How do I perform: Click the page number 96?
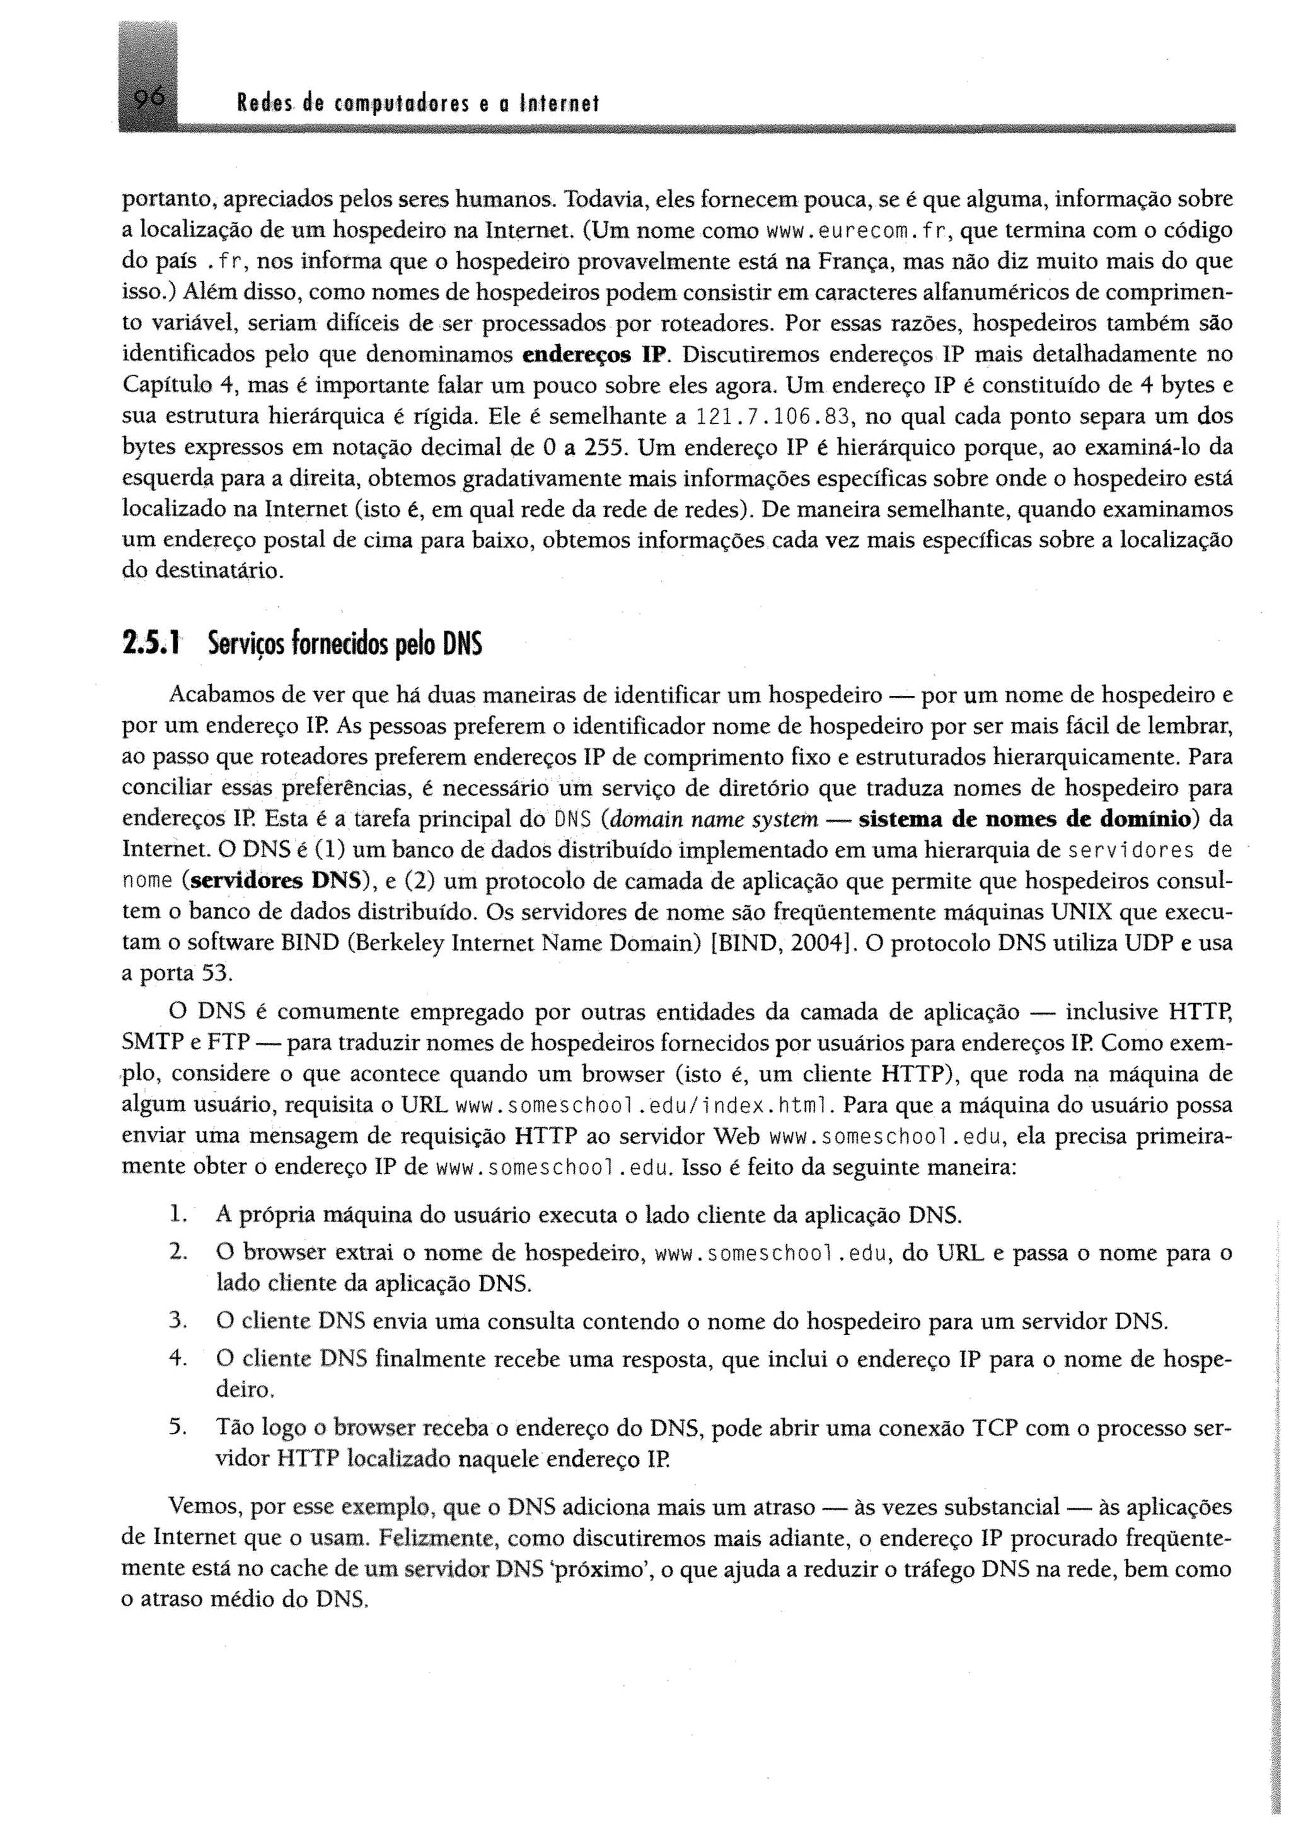(x=149, y=98)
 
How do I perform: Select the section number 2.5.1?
(x=151, y=644)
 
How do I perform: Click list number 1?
(x=177, y=1215)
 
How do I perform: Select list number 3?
(x=177, y=1322)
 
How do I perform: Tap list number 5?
(x=177, y=1428)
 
